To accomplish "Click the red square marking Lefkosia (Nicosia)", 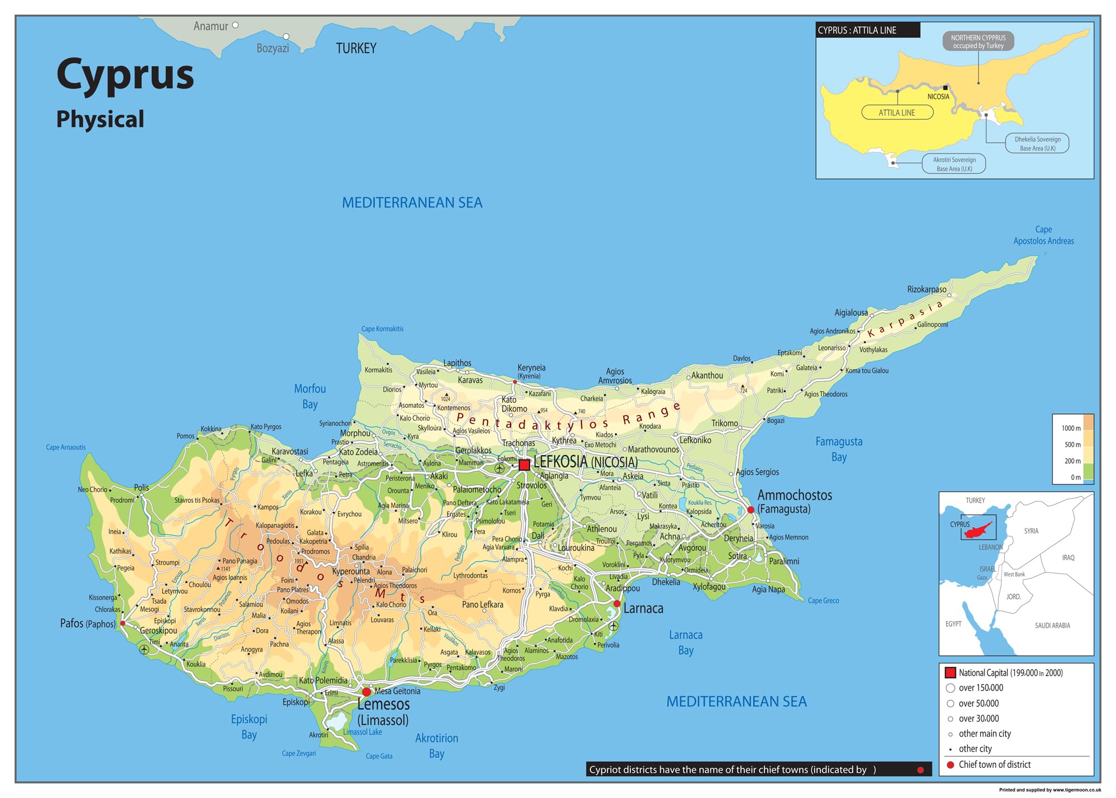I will [x=524, y=465].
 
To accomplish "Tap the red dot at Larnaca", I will [x=617, y=604].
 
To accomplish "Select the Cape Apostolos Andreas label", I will [x=1043, y=235].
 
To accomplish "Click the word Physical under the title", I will [x=100, y=119].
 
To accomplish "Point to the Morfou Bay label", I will [x=310, y=396].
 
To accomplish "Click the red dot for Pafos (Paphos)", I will [x=123, y=623].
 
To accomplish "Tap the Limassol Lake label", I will [x=363, y=732].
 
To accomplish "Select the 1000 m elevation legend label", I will [x=1071, y=428].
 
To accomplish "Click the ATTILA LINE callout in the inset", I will [x=897, y=113].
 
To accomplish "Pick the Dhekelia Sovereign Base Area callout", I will [x=1037, y=143].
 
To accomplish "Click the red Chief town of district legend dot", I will [x=950, y=765].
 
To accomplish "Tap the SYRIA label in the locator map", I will [x=1031, y=531].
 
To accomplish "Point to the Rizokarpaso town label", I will [x=926, y=290].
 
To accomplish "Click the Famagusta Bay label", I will [x=839, y=449].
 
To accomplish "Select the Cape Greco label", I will [x=823, y=600].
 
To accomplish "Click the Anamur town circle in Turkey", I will [x=235, y=25].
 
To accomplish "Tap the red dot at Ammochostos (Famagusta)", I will [x=751, y=509].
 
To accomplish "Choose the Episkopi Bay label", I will [x=249, y=727].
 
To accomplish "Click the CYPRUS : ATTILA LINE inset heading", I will [x=857, y=30].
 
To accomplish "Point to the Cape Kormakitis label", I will [x=382, y=329].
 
